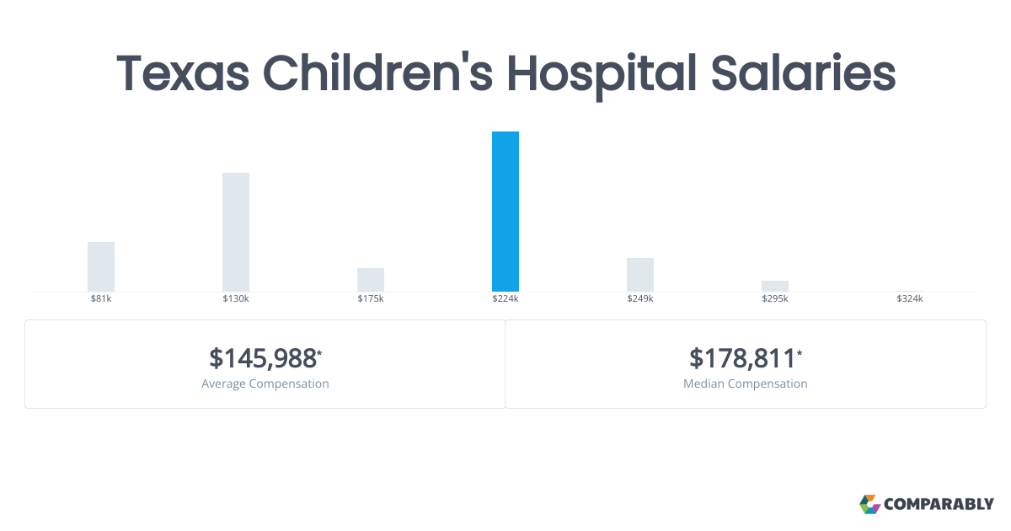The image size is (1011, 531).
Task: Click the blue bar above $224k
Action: click(x=505, y=212)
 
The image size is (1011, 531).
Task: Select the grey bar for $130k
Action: click(x=236, y=232)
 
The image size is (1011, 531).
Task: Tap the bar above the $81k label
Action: click(x=101, y=266)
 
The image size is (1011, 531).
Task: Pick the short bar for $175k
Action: click(x=371, y=280)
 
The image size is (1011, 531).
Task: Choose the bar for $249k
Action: click(x=640, y=275)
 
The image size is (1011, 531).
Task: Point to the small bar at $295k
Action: click(x=775, y=286)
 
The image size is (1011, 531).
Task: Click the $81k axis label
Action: click(x=101, y=299)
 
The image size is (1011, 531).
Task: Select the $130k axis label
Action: click(x=236, y=299)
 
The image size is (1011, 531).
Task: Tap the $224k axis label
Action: click(x=505, y=299)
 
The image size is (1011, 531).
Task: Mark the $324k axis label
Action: click(x=910, y=299)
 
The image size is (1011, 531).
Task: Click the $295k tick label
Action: click(x=775, y=299)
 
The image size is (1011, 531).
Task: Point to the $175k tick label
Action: click(x=371, y=299)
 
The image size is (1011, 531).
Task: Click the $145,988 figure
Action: click(x=264, y=358)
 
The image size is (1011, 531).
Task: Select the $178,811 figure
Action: click(x=743, y=358)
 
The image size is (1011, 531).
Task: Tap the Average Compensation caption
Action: click(x=265, y=383)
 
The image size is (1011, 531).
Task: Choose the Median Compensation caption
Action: click(x=746, y=383)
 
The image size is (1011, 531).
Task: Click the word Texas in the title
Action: click(x=183, y=73)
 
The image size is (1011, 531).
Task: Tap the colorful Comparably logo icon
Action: click(x=869, y=504)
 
